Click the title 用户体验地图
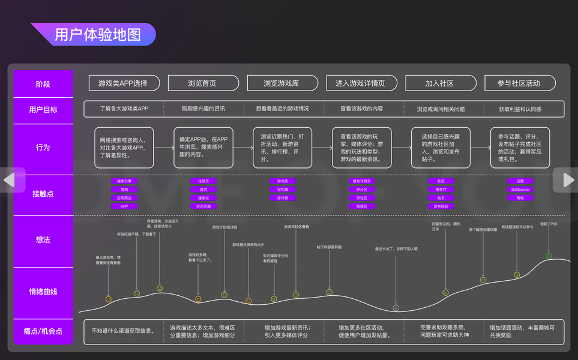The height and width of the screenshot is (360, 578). coord(98,35)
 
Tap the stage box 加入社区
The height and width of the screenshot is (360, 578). coord(440,83)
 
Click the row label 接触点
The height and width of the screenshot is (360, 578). coord(43,193)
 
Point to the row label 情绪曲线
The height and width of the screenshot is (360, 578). coord(43,292)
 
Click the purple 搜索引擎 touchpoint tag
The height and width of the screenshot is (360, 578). coord(124,181)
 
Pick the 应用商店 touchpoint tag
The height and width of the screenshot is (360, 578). coord(124,197)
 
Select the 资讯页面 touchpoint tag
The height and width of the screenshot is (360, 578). coord(203,206)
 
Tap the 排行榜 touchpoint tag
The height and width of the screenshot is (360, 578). coord(283,197)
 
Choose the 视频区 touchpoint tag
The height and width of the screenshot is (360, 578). coord(362,206)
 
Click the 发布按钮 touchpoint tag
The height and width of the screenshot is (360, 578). coord(441,206)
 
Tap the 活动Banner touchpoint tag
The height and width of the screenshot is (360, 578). coord(520,189)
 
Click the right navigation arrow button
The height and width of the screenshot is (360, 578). coord(567,179)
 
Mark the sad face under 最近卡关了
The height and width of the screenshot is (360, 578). coord(396,308)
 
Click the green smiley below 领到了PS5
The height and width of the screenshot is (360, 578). coord(549,256)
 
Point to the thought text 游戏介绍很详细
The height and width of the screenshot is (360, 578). coord(224,227)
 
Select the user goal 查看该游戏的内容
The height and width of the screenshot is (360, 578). coord(362,109)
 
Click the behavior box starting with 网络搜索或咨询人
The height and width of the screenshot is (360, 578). coord(124,148)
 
